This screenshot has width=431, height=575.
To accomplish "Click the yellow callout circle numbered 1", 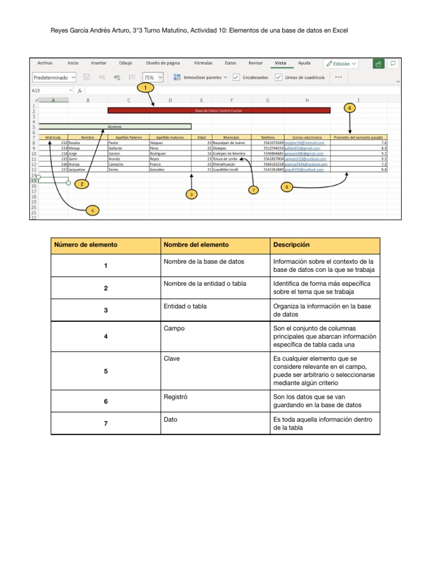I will pyautogui.click(x=146, y=88).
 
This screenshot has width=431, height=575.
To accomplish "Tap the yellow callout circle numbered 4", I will pyautogui.click(x=350, y=107).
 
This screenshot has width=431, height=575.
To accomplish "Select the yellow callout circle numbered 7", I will pyautogui.click(x=254, y=190).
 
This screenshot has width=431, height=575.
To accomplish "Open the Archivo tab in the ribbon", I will pyautogui.click(x=45, y=63).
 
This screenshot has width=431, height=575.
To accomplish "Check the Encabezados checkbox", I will pyautogui.click(x=236, y=77).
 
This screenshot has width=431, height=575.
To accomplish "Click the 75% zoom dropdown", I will pyautogui.click(x=153, y=77).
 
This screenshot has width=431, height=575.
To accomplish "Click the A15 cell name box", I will pyautogui.click(x=51, y=90).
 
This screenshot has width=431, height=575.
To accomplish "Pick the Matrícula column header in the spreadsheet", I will pyautogui.click(x=53, y=137).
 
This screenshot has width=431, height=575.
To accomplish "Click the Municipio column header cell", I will pyautogui.click(x=231, y=137).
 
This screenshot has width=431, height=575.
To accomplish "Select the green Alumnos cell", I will pyautogui.click(x=115, y=126).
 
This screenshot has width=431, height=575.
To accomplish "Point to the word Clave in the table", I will pyautogui.click(x=171, y=358).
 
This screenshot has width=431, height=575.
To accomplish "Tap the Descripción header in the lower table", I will pyautogui.click(x=291, y=245).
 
